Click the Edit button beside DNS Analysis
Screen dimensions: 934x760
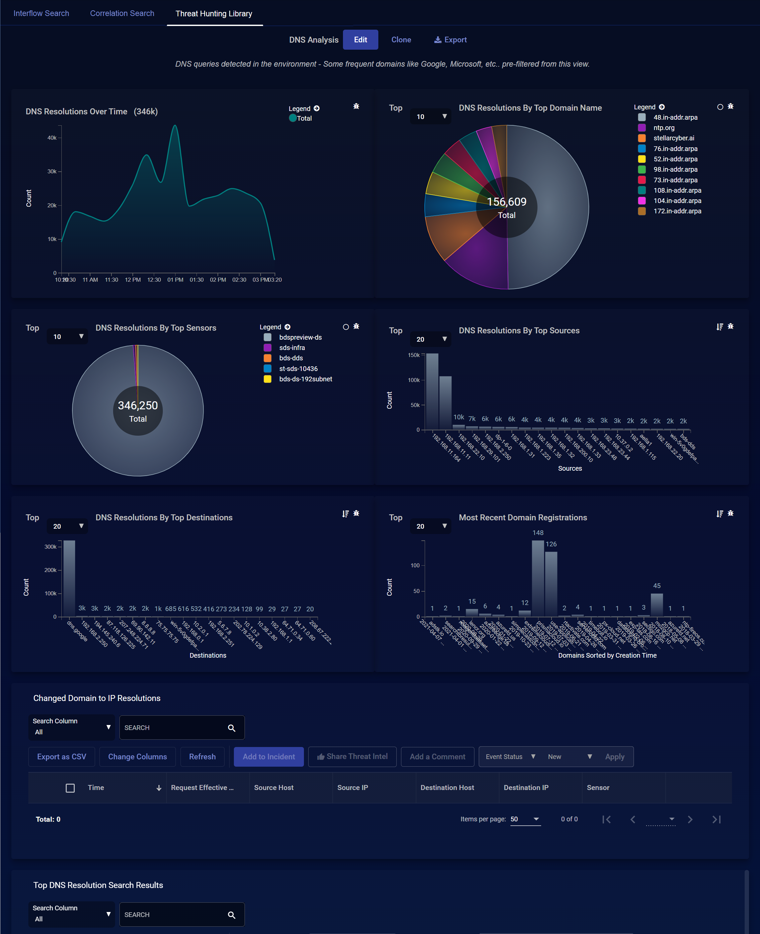360,40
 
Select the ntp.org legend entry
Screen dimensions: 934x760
663,128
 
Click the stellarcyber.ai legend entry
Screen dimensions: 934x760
673,138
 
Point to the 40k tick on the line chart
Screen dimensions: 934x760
52,138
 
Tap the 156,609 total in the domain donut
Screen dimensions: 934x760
506,202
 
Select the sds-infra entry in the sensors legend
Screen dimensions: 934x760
292,348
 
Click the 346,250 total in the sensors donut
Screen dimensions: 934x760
137,406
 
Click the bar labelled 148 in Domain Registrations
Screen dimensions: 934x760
537,578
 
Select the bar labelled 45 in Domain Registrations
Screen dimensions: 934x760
656,605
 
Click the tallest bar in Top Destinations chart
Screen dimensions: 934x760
69,578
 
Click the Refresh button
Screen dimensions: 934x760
202,756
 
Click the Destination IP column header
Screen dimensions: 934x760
526,787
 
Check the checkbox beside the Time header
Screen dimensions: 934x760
70,788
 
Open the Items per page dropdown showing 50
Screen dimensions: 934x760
525,819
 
